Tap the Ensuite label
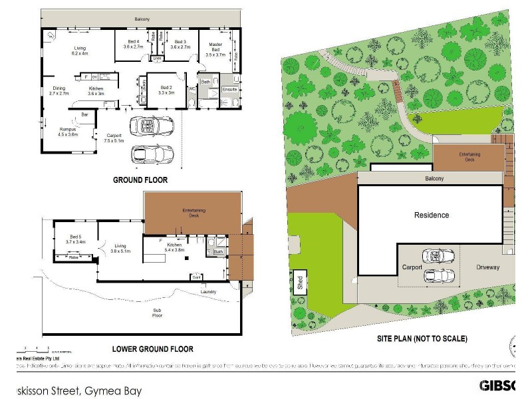[x=229, y=88]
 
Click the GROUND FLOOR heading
[x=140, y=180]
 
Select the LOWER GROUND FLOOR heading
[x=153, y=349]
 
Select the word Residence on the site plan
[x=432, y=215]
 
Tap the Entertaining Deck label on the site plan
[x=468, y=156]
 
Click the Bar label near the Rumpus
[x=84, y=115]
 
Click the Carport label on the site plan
[x=412, y=267]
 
